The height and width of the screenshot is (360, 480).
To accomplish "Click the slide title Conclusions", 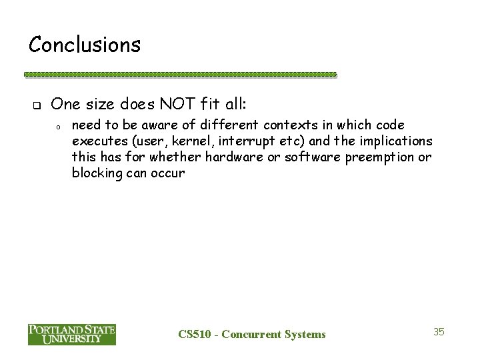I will (85, 45).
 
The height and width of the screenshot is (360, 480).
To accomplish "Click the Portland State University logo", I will (72, 333).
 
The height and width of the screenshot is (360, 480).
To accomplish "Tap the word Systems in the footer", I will (304, 334).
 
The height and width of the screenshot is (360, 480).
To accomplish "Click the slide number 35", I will (439, 331).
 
